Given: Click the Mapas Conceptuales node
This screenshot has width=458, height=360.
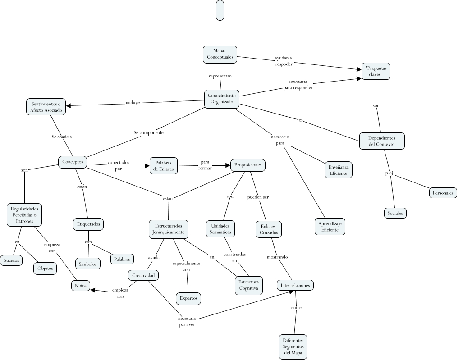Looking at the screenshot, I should pos(220,54).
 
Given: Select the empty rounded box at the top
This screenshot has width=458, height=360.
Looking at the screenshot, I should pos(220,10).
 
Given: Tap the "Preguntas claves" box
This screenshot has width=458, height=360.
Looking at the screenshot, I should pos(376,72).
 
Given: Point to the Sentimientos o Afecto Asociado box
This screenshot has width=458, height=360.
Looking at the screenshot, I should pos(46,107).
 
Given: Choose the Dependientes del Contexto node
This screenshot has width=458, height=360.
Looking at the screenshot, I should pos(381,141).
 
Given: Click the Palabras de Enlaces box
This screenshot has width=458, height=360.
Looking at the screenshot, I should pos(164,165).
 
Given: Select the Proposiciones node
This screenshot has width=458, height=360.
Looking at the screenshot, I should pos(247,165).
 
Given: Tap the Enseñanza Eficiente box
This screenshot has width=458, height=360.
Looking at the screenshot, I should pos(339,169).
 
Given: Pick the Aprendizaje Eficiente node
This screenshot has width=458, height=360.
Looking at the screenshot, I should pos(330,227).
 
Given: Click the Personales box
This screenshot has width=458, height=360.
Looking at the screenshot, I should pos(443,193).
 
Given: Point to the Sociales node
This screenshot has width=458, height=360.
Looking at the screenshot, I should pos(394,213).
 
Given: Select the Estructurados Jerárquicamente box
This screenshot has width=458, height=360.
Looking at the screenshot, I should pos(169,229).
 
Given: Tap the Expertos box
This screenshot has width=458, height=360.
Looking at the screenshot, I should pos(188,298).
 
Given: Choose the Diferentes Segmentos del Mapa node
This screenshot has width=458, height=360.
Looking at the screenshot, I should pos(293,346).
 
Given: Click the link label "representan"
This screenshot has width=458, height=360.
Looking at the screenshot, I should pos(220,76).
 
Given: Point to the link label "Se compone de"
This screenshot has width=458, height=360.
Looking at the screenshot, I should pos(148,132).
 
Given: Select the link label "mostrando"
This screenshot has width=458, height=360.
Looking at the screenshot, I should pos(277,257).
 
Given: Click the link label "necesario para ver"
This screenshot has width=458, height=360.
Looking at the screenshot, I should pos(187,321).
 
